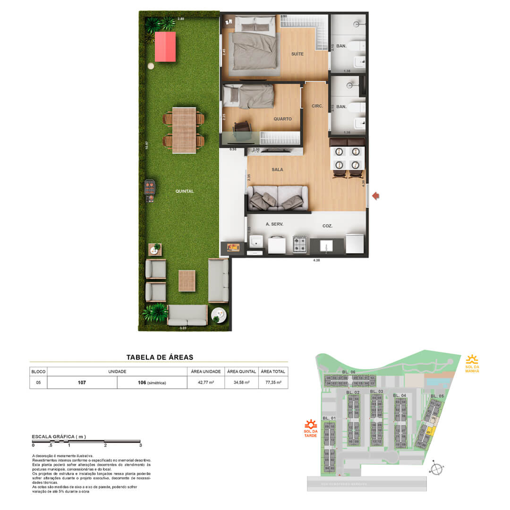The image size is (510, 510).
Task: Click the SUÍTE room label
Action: point(297,54)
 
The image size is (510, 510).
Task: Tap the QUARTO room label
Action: point(282,119)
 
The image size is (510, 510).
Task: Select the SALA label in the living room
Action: point(277,169)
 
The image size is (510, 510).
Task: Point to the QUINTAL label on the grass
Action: point(184,191)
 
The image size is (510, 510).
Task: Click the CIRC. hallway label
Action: point(317,106)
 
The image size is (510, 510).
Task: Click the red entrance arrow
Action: point(376,195)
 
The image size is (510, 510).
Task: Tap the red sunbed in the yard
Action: point(165,46)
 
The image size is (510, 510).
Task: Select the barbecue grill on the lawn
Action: point(150,190)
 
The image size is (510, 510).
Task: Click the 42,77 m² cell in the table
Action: point(205,382)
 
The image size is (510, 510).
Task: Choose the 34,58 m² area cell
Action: point(241,382)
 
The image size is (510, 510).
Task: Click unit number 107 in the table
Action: point(82,382)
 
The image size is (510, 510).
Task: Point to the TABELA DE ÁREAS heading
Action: point(160,357)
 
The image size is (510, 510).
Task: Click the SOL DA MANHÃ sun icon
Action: point(472,360)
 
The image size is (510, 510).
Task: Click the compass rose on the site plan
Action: point(438,468)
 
